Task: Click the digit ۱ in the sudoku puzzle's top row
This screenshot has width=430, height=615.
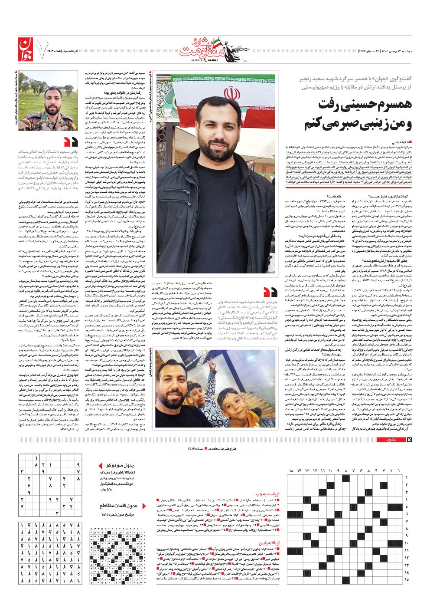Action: [36, 458]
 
